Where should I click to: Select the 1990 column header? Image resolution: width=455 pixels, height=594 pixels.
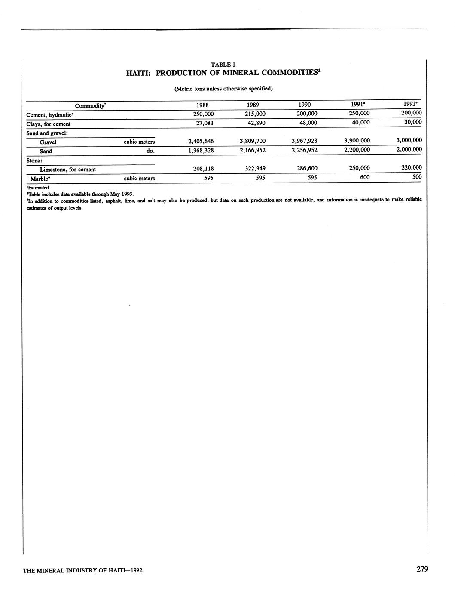304,105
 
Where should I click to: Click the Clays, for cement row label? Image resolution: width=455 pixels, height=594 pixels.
48,124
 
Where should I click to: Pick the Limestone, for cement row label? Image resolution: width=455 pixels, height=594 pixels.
67,170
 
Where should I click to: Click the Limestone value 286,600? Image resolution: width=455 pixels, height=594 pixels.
307,169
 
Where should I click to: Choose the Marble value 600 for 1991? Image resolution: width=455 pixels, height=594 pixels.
365,177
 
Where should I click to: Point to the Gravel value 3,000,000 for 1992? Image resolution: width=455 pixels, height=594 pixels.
405,140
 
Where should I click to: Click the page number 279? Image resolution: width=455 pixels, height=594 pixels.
422,569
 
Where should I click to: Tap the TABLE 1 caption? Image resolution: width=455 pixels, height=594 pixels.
223,65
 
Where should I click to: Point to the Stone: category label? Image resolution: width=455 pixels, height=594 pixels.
34,161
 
